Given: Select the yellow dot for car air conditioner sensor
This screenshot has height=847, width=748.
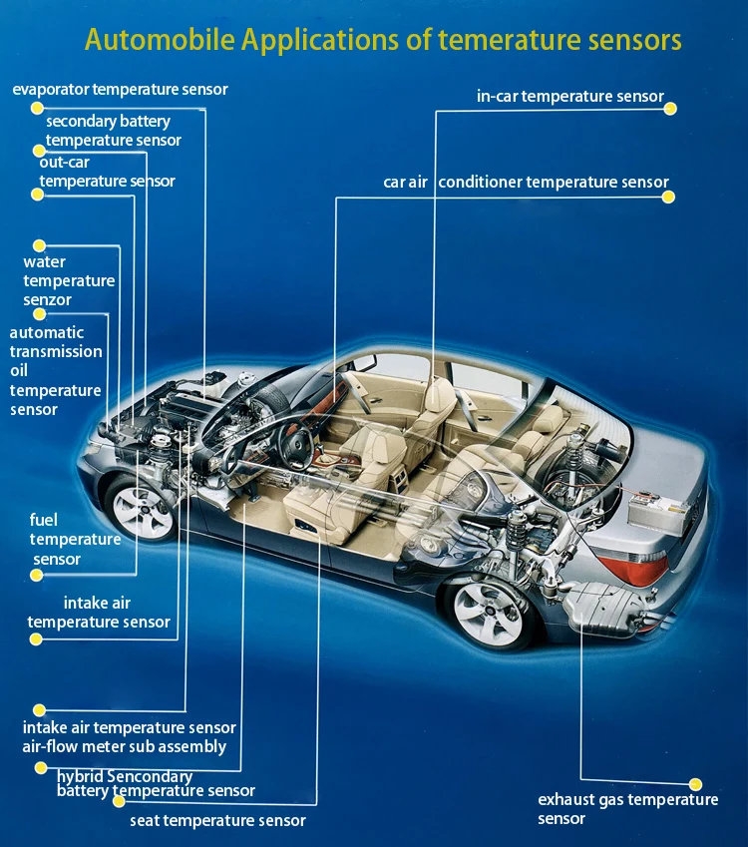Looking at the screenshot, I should [669, 197].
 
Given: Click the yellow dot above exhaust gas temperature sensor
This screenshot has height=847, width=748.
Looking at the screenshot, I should [695, 785].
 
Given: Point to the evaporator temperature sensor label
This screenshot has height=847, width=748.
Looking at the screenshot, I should [120, 90].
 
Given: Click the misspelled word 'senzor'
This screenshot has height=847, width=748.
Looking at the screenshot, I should [48, 300].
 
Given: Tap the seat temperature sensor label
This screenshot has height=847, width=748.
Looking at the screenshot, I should [217, 821].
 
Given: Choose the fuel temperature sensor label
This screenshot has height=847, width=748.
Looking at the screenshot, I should [75, 540].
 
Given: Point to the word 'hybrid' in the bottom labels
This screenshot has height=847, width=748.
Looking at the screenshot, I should [81, 776].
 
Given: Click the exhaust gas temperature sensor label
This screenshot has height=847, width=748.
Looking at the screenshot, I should [627, 809].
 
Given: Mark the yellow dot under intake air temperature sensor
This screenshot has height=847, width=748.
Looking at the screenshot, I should [36, 639].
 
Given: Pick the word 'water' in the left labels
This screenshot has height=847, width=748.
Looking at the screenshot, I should [44, 262].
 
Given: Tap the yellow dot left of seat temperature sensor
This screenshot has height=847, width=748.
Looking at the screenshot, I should [119, 801].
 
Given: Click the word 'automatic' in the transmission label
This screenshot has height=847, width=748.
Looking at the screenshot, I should [47, 332].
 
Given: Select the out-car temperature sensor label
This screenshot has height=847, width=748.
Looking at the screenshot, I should [107, 172].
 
